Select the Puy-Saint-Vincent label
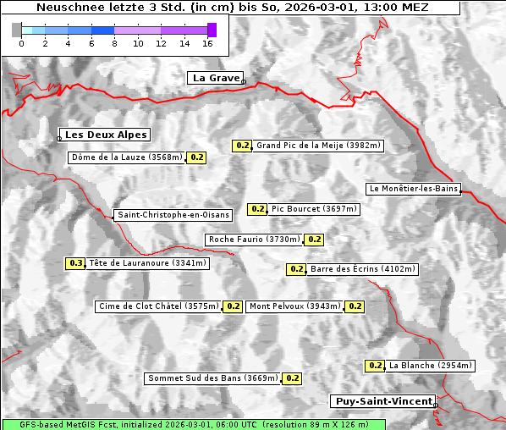tap(383, 401)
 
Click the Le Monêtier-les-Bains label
tap(413, 189)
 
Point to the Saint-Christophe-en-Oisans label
tap(173, 215)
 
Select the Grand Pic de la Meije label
tap(319, 146)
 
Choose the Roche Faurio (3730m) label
tap(255, 240)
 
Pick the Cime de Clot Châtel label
tap(158, 306)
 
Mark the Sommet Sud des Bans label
tap(212, 378)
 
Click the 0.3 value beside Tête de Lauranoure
tap(76, 263)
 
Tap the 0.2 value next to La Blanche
tap(376, 366)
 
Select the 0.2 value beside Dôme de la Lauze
tap(196, 157)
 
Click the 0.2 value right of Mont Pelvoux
tap(355, 306)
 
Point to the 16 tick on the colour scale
tap(207, 43)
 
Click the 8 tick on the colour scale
tap(114, 43)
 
